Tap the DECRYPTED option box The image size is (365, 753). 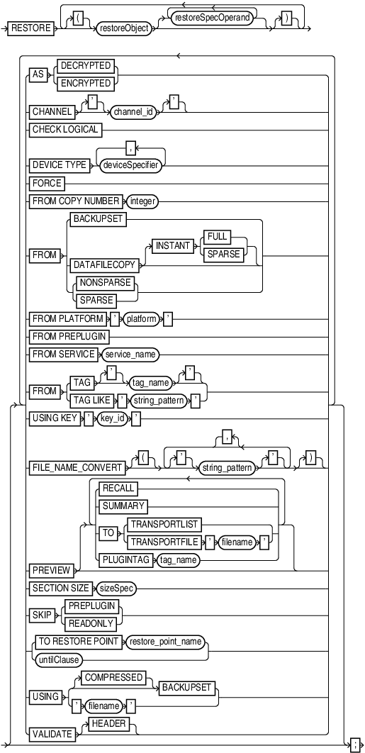tap(86, 65)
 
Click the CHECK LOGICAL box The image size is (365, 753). tap(65, 129)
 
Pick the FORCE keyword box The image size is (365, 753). tap(46, 183)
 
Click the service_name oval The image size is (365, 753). tap(130, 352)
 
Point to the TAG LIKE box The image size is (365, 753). tap(94, 399)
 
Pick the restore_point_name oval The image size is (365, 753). tap(164, 641)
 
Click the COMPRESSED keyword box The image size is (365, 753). tap(114, 678)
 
